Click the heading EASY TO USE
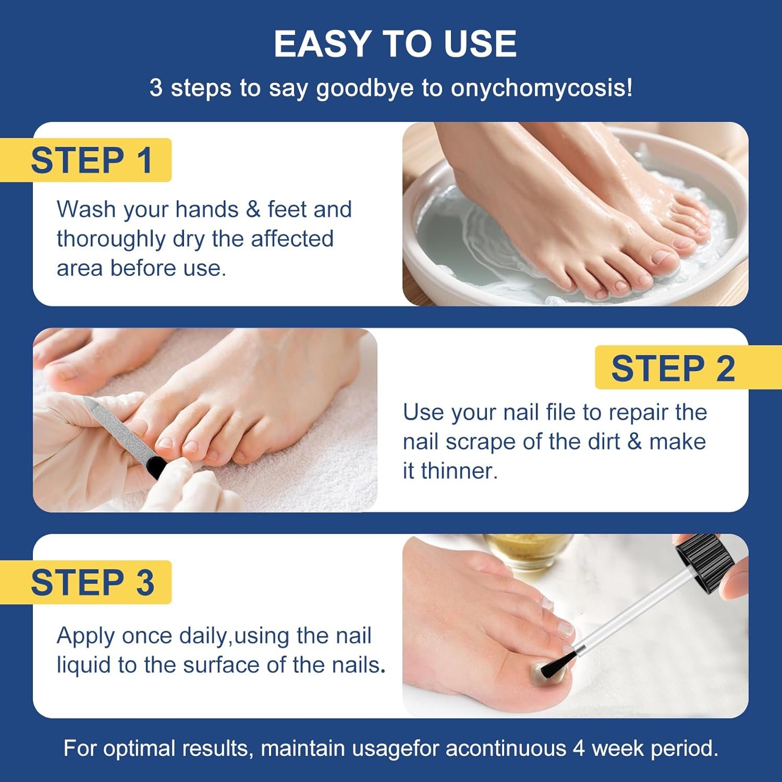(x=395, y=44)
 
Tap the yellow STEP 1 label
(x=91, y=160)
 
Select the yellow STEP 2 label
(x=673, y=368)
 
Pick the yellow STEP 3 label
(x=92, y=582)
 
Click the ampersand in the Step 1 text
(x=253, y=210)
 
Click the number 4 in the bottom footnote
(x=578, y=749)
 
